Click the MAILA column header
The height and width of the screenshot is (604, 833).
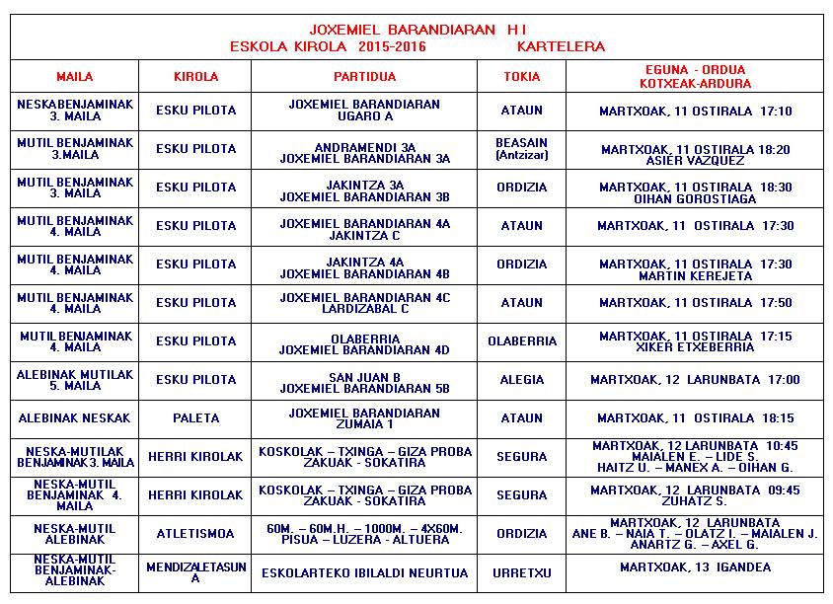pyautogui.click(x=74, y=77)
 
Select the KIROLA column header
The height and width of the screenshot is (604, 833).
pyautogui.click(x=195, y=77)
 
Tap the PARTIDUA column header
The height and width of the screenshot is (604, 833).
pyautogui.click(x=364, y=77)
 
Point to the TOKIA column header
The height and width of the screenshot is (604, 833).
pyautogui.click(x=521, y=77)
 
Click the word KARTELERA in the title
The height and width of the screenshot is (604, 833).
pyautogui.click(x=561, y=46)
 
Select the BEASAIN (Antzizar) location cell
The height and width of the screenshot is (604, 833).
pyautogui.click(x=521, y=149)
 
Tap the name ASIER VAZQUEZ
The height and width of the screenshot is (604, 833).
pyautogui.click(x=695, y=161)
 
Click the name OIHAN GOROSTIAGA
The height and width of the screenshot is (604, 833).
pyautogui.click(x=695, y=199)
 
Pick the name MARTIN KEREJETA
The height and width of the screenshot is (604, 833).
pyautogui.click(x=695, y=276)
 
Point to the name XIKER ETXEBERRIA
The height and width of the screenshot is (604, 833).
pyautogui.click(x=695, y=347)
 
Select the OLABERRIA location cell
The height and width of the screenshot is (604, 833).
pyautogui.click(x=521, y=341)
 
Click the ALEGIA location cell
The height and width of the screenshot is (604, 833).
pyautogui.click(x=521, y=380)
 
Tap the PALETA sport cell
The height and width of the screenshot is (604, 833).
pyautogui.click(x=195, y=418)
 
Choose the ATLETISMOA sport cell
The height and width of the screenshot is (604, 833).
pyautogui.click(x=195, y=534)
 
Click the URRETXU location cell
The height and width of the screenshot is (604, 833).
pyautogui.click(x=521, y=572)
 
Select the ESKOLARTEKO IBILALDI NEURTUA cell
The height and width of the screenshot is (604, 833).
pyautogui.click(x=364, y=572)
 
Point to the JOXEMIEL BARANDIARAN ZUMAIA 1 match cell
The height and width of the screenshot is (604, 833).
pyautogui.click(x=364, y=418)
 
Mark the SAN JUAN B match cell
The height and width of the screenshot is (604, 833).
pyautogui.click(x=364, y=380)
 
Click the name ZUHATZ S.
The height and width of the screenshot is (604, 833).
pyautogui.click(x=695, y=501)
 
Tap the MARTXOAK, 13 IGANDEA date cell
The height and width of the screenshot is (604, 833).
pyautogui.click(x=695, y=567)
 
